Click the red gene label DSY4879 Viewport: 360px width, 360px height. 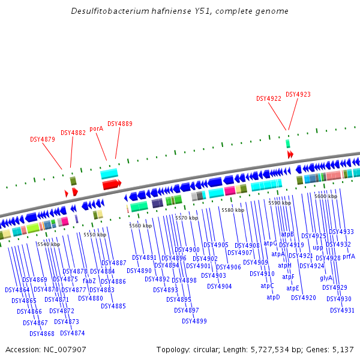(x=43, y=139)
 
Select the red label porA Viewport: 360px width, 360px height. (x=96, y=128)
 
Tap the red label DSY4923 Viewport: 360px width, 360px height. (x=298, y=94)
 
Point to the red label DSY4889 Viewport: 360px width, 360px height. (x=120, y=124)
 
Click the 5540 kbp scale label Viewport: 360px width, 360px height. (x=49, y=244)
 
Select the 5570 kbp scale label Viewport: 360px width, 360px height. (x=187, y=218)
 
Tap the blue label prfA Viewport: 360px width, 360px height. (x=349, y=256)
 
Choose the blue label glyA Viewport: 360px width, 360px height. (x=326, y=278)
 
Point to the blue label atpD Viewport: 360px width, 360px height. (x=273, y=297)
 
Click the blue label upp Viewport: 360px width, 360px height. (x=317, y=247)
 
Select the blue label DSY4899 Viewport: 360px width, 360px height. (x=194, y=321)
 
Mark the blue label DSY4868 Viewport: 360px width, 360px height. (x=42, y=334)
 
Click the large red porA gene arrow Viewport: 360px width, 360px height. (x=112, y=185)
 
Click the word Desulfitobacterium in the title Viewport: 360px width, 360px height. (x=106, y=11)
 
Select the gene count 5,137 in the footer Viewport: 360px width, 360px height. (x=341, y=349)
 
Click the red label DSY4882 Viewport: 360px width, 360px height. (x=73, y=133)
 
